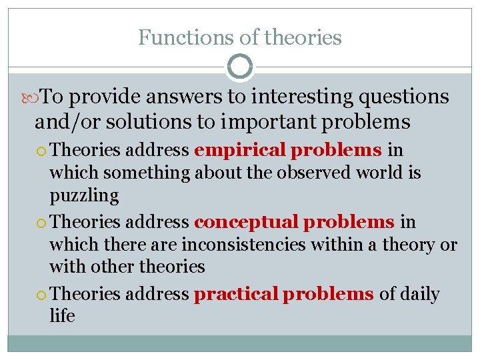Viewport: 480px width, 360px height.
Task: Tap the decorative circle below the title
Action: [240, 67]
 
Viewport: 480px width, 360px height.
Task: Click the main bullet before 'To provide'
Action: [34, 97]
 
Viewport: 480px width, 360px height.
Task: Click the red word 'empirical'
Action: [240, 150]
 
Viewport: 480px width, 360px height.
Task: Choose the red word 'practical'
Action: [236, 293]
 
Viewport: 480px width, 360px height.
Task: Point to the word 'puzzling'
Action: [84, 196]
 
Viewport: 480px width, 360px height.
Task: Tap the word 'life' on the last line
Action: [62, 316]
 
